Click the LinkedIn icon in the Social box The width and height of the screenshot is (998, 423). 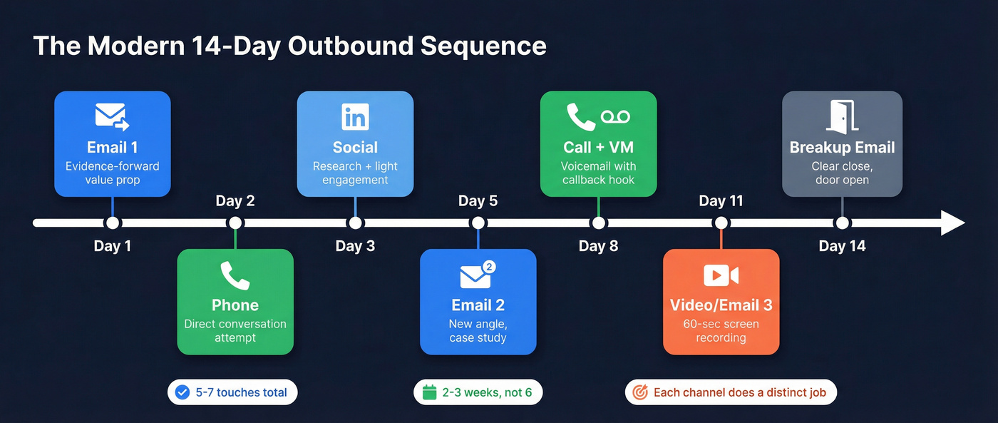[355, 117]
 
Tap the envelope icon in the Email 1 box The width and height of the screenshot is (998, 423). [111, 117]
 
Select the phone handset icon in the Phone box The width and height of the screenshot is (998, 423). [235, 275]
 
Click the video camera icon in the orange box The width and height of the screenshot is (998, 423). [721, 275]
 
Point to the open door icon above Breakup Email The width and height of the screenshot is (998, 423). [842, 117]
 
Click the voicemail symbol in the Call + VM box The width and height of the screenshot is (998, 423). [616, 117]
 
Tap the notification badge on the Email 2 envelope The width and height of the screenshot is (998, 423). [489, 267]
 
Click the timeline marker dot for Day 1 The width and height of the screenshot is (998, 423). [113, 223]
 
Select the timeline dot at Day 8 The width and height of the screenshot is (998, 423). [599, 223]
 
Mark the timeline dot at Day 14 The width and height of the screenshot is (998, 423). [843, 223]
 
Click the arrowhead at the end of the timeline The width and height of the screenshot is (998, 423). [952, 223]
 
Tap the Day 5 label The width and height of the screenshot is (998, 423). [478, 200]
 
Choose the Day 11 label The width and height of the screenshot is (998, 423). [721, 200]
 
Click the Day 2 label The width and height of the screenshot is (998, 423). [235, 200]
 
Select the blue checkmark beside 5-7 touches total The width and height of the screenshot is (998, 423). [182, 392]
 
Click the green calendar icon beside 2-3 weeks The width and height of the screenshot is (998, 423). [429, 392]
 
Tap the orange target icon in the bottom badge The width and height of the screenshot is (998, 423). [640, 392]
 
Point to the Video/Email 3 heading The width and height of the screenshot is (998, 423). [721, 305]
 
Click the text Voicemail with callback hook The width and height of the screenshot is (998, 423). [598, 173]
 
